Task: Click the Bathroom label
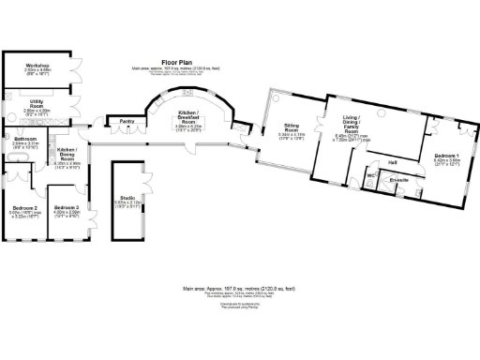pos(25,139)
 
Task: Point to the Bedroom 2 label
pos(25,207)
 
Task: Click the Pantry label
pos(122,120)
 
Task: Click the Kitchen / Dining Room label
pos(67,153)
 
